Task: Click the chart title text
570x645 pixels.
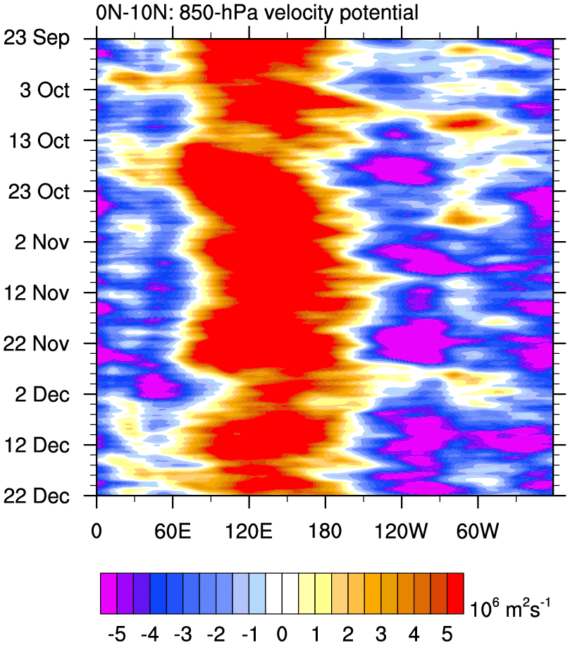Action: [x=257, y=12]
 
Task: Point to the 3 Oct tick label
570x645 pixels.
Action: [x=49, y=90]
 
